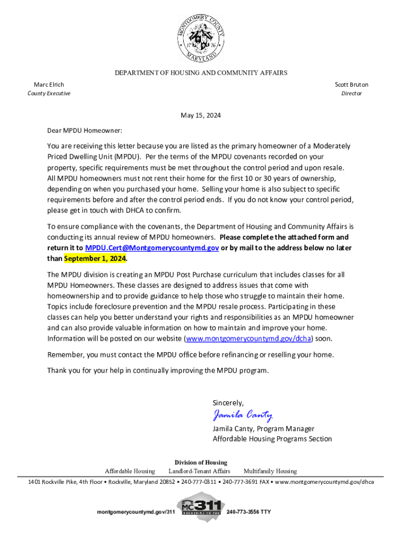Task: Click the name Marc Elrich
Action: (x=49, y=84)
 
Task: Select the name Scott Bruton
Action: (x=351, y=84)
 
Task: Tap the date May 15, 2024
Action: (x=200, y=115)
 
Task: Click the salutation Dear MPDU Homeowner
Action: (x=85, y=131)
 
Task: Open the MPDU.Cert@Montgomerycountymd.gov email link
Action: (x=152, y=248)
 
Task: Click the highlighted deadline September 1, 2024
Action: (x=95, y=259)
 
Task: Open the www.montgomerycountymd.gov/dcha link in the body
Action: (x=249, y=339)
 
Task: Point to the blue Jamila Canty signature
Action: (x=242, y=415)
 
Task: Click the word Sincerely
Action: (x=228, y=402)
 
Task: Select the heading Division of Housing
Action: (x=201, y=462)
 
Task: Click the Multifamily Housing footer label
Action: (x=270, y=471)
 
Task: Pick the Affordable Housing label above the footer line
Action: (x=130, y=471)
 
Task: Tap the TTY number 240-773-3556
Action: (x=249, y=511)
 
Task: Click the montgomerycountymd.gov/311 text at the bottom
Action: (x=136, y=511)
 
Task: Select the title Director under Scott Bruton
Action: (x=351, y=94)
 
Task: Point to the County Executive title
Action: (x=49, y=94)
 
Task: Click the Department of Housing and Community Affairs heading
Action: (x=201, y=73)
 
